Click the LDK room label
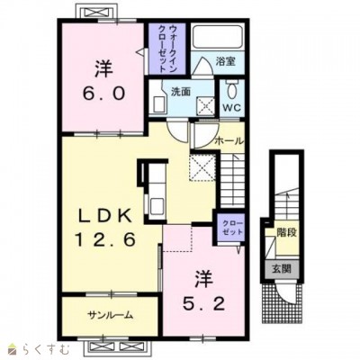tap(104, 216)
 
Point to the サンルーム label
tap(110, 315)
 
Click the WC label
tap(232, 108)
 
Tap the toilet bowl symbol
tap(232, 89)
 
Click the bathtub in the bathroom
tap(218, 37)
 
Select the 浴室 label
tap(225, 61)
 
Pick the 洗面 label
tap(181, 92)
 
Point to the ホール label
tap(229, 140)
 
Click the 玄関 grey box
tap(283, 268)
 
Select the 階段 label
tap(287, 232)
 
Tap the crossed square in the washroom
tap(205, 106)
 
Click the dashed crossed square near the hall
tap(202, 167)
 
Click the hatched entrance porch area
tap(282, 301)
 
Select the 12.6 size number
tap(105, 239)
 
